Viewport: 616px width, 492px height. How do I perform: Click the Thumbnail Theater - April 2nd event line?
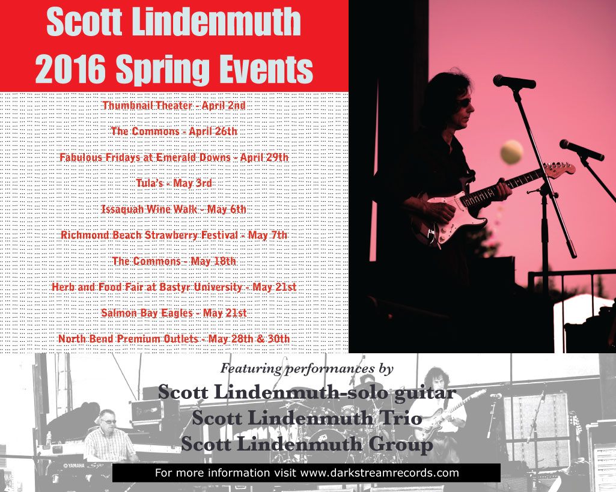pos(174,106)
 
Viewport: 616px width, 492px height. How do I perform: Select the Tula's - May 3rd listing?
pos(174,183)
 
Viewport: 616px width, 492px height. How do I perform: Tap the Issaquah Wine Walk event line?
pos(174,209)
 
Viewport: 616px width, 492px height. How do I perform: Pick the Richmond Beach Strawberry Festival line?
pos(174,235)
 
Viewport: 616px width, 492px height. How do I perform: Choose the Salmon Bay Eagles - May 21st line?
pos(174,313)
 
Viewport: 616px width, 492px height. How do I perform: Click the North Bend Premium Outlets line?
pos(174,339)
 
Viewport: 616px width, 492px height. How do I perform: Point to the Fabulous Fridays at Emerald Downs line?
pos(174,157)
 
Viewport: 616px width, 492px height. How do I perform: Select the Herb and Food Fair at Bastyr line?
pos(174,287)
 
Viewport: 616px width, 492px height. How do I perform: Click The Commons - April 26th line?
pos(174,132)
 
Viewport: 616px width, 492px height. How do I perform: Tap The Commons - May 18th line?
pos(174,261)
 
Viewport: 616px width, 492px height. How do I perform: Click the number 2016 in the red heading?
pos(71,69)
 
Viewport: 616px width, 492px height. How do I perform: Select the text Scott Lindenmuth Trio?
pos(307,418)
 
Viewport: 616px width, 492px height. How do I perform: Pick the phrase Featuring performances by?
pos(307,368)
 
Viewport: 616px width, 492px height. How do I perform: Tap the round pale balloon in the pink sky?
pos(511,152)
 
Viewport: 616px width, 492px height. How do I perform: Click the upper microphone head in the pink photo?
pos(514,81)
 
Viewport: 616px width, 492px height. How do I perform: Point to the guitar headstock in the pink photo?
pos(560,169)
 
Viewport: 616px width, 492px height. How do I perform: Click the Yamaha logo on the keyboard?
pos(74,466)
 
